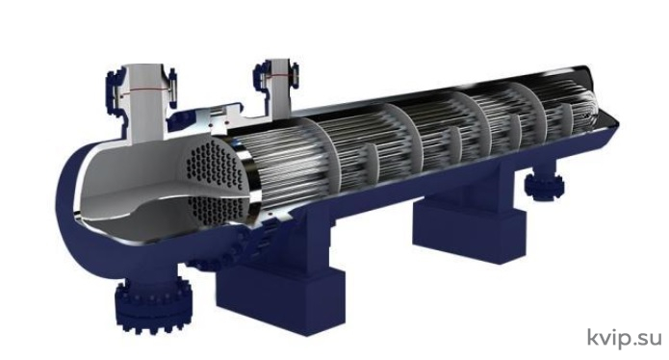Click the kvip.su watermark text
(x=624, y=339)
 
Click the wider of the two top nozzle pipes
(x=145, y=103)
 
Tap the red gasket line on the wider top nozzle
(x=146, y=90)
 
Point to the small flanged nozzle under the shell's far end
(x=545, y=184)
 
